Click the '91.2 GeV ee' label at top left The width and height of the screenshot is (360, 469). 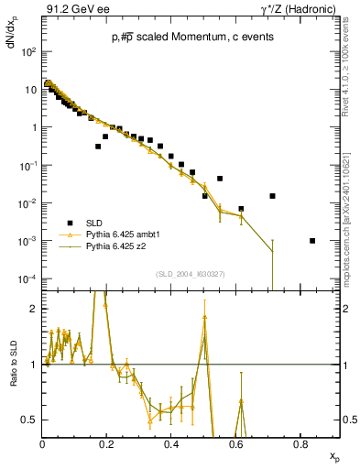(x=71, y=10)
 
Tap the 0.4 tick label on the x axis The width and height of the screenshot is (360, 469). (x=171, y=443)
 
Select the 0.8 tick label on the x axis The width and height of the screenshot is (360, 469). (x=300, y=443)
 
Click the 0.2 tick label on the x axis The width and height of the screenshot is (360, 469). (x=107, y=443)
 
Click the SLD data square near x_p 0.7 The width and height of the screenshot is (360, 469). (x=272, y=196)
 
